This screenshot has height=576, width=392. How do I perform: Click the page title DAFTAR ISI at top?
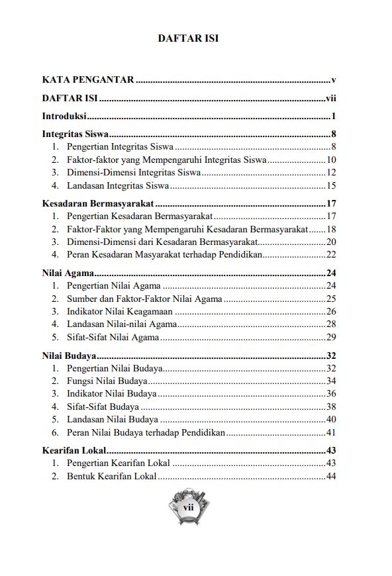[x=188, y=38]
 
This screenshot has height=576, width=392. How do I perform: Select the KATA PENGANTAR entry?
[x=87, y=80]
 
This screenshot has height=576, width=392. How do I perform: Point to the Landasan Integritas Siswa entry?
[x=117, y=185]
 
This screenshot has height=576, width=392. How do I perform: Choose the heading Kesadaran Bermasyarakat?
[x=97, y=204]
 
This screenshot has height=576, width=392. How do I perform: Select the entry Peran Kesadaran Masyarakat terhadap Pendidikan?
[x=165, y=254]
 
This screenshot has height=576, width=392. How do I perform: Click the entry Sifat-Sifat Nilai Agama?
[x=113, y=337]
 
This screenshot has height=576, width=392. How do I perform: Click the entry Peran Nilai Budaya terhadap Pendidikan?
[x=146, y=432]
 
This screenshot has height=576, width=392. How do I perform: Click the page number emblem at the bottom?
[x=187, y=508]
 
